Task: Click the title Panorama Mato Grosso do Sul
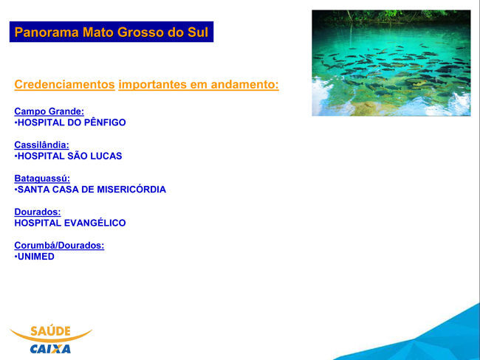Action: pos(112,32)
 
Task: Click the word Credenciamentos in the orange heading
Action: pos(64,84)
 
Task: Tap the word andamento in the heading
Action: pos(245,84)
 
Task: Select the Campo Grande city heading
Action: pos(49,111)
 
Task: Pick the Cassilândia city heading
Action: pos(41,145)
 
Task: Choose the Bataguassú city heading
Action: pos(42,179)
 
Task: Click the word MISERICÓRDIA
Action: pos(131,190)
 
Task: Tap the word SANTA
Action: pos(34,190)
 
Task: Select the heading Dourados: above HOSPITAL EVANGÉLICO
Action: pos(38,212)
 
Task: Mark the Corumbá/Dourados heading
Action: pos(59,246)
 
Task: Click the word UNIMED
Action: pos(36,256)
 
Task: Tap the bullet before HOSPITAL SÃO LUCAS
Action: pos(16,156)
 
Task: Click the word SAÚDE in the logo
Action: pos(50,331)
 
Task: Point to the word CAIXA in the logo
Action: pos(50,349)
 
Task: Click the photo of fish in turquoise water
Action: pos(391,63)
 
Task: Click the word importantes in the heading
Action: pos(152,84)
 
